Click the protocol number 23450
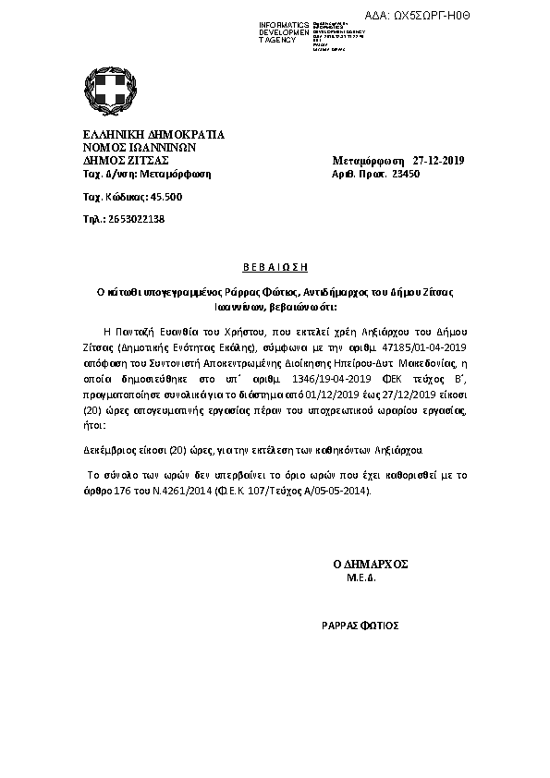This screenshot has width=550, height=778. pyautogui.click(x=406, y=173)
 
